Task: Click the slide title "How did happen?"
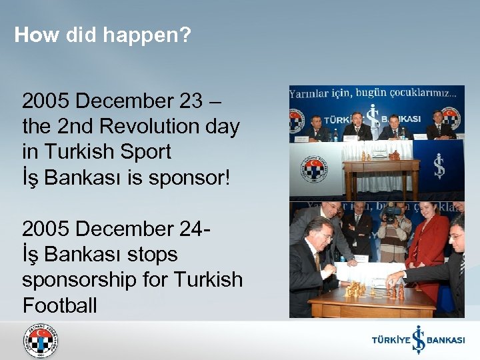pos(103,35)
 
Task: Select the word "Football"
pos(59,305)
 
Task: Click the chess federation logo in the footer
pos(41,341)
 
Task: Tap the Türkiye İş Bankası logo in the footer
pos(418,340)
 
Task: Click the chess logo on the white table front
pos(313,169)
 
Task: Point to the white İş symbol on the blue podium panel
pos(439,166)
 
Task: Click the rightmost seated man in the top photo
pos(439,127)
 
